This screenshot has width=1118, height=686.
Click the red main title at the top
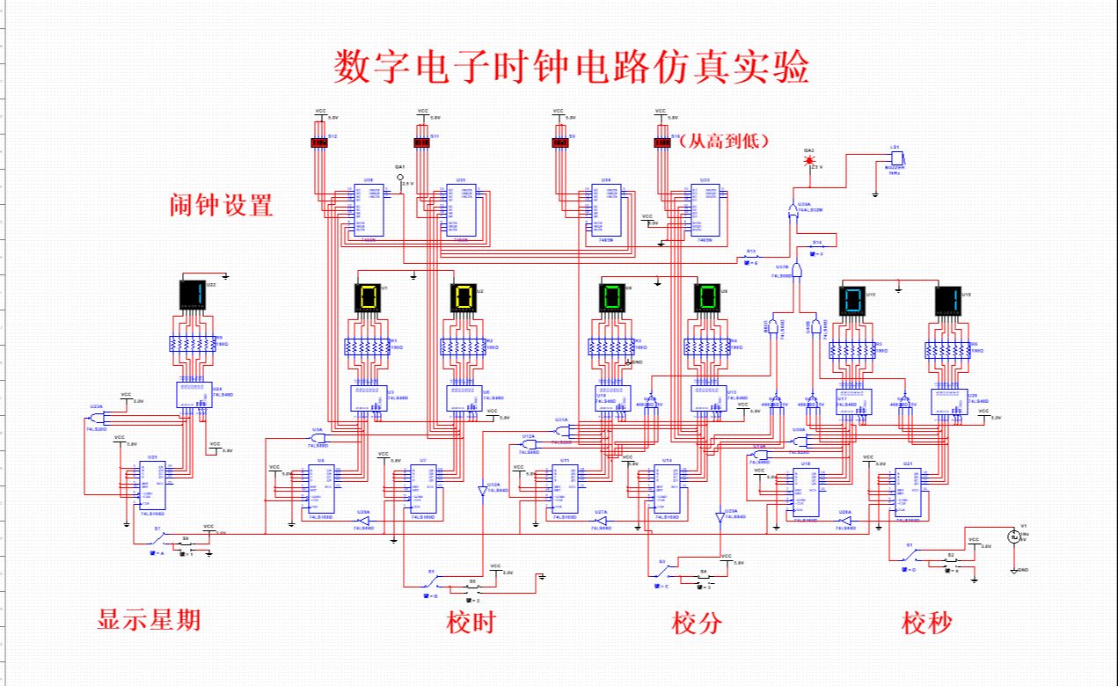(x=571, y=67)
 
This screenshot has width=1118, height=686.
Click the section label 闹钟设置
(x=221, y=206)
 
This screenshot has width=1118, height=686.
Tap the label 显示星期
(x=149, y=620)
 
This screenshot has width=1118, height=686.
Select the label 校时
(x=471, y=623)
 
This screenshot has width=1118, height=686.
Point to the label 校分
(x=697, y=623)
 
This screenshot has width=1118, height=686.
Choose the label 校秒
(x=926, y=623)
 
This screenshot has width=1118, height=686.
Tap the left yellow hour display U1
(x=369, y=297)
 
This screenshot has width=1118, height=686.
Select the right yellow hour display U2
(x=464, y=297)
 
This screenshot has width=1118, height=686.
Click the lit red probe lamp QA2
(x=808, y=161)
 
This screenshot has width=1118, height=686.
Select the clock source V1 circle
(x=1012, y=536)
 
